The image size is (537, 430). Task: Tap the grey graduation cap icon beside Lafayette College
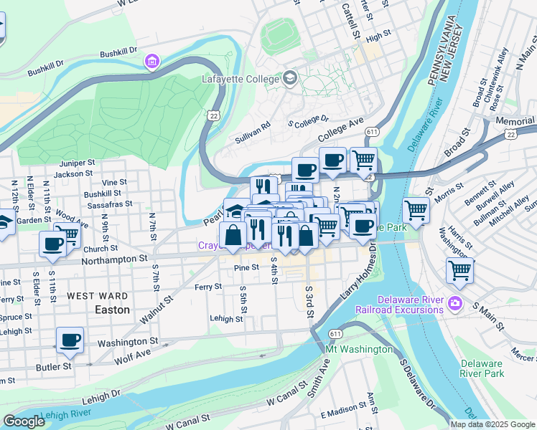point(291,77)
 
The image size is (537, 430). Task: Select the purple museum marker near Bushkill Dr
point(151,62)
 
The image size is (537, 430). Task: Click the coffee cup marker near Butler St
point(70,340)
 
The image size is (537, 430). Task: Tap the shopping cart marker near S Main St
point(460,271)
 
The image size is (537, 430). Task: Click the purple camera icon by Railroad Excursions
point(454,304)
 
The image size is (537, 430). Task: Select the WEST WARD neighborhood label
point(98,296)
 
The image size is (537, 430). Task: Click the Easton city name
point(113,310)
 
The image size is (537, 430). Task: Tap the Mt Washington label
point(359,349)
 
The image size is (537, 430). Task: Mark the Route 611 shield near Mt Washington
point(336,334)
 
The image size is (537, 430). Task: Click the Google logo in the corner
point(24,421)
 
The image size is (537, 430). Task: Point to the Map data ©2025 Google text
point(492,424)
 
